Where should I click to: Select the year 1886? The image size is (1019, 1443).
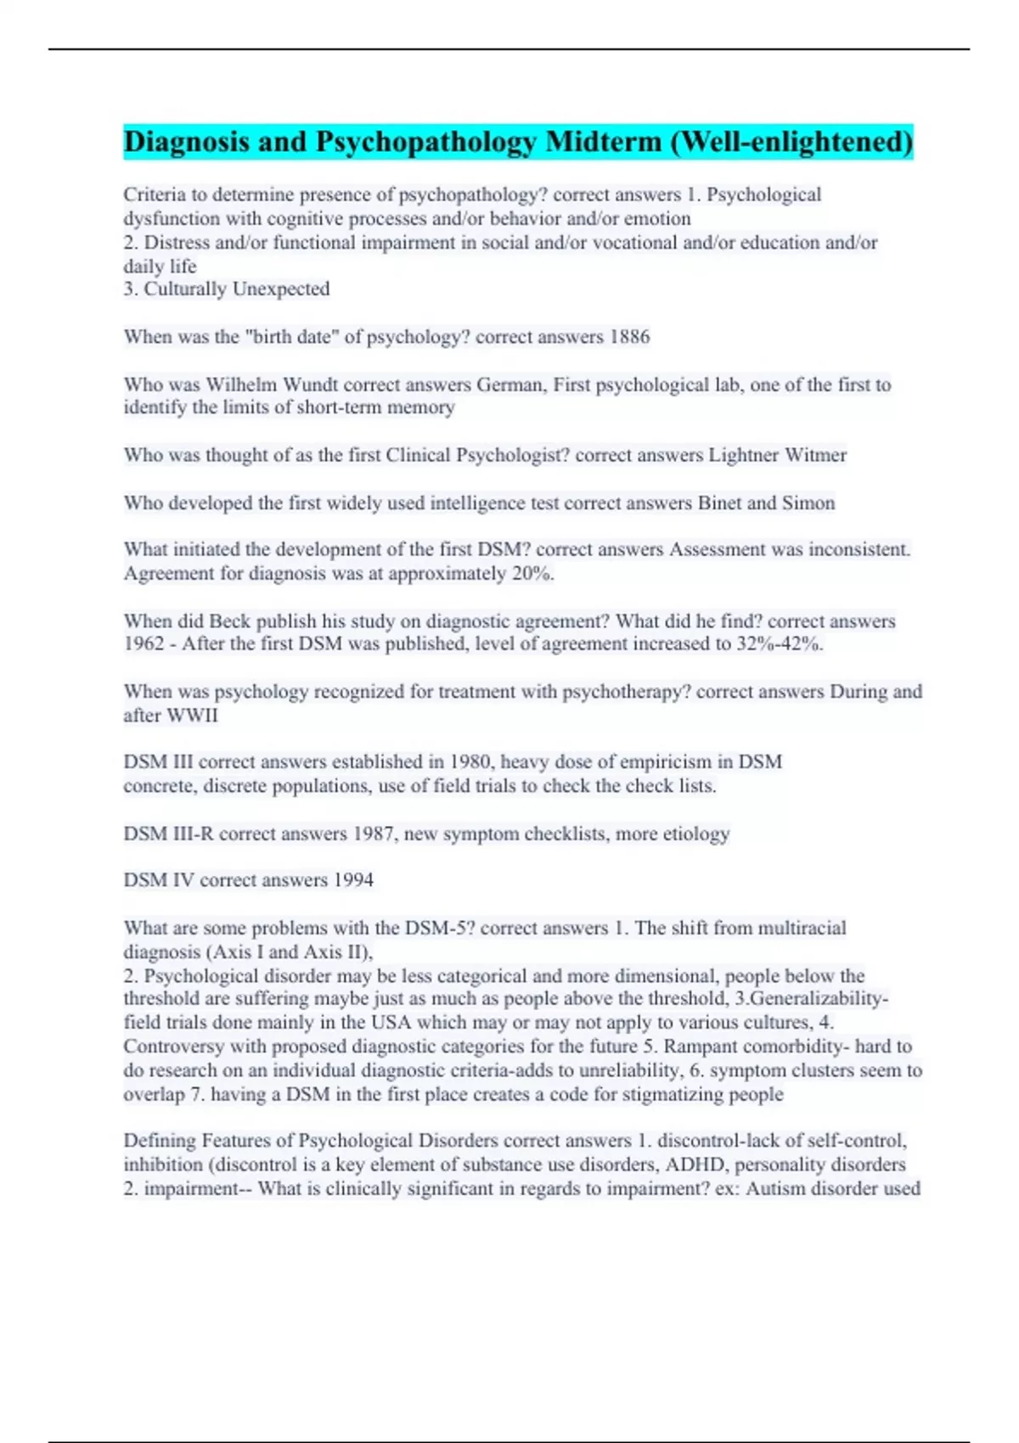coord(629,337)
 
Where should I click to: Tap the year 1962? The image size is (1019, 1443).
coord(144,643)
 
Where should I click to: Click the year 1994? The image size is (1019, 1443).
coord(352,880)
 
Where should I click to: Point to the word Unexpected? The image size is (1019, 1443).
coord(280,289)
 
